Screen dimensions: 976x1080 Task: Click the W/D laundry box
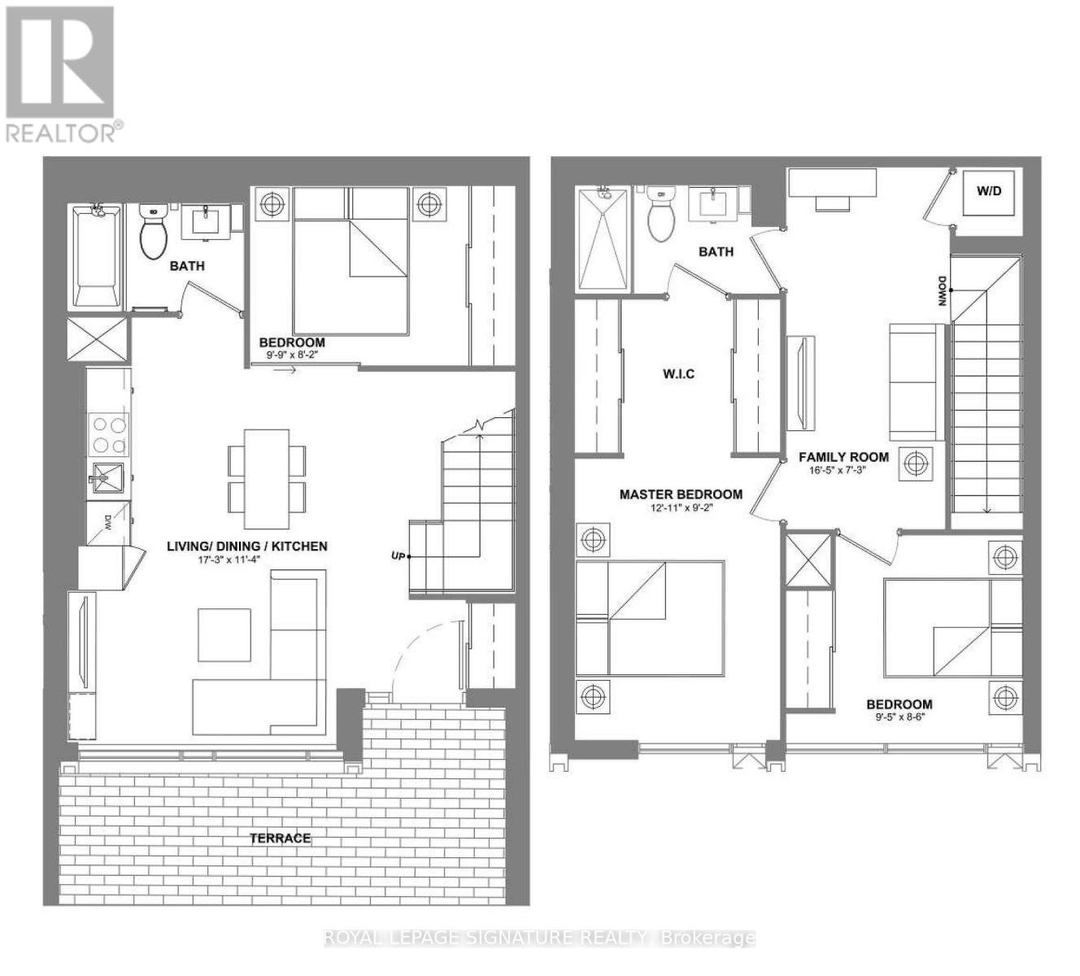click(989, 193)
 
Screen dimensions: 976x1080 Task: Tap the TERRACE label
click(280, 838)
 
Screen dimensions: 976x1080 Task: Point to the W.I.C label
click(678, 375)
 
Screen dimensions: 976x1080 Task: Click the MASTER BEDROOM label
click(681, 495)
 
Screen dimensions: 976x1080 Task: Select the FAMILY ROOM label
click(843, 457)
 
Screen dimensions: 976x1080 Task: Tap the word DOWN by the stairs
click(943, 291)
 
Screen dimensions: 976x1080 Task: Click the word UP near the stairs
click(398, 556)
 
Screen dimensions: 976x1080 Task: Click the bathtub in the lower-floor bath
click(95, 256)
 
